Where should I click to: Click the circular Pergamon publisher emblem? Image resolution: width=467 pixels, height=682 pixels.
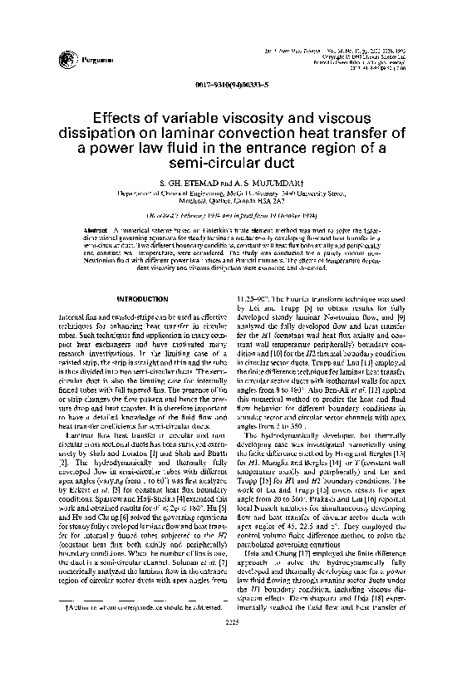(65, 57)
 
